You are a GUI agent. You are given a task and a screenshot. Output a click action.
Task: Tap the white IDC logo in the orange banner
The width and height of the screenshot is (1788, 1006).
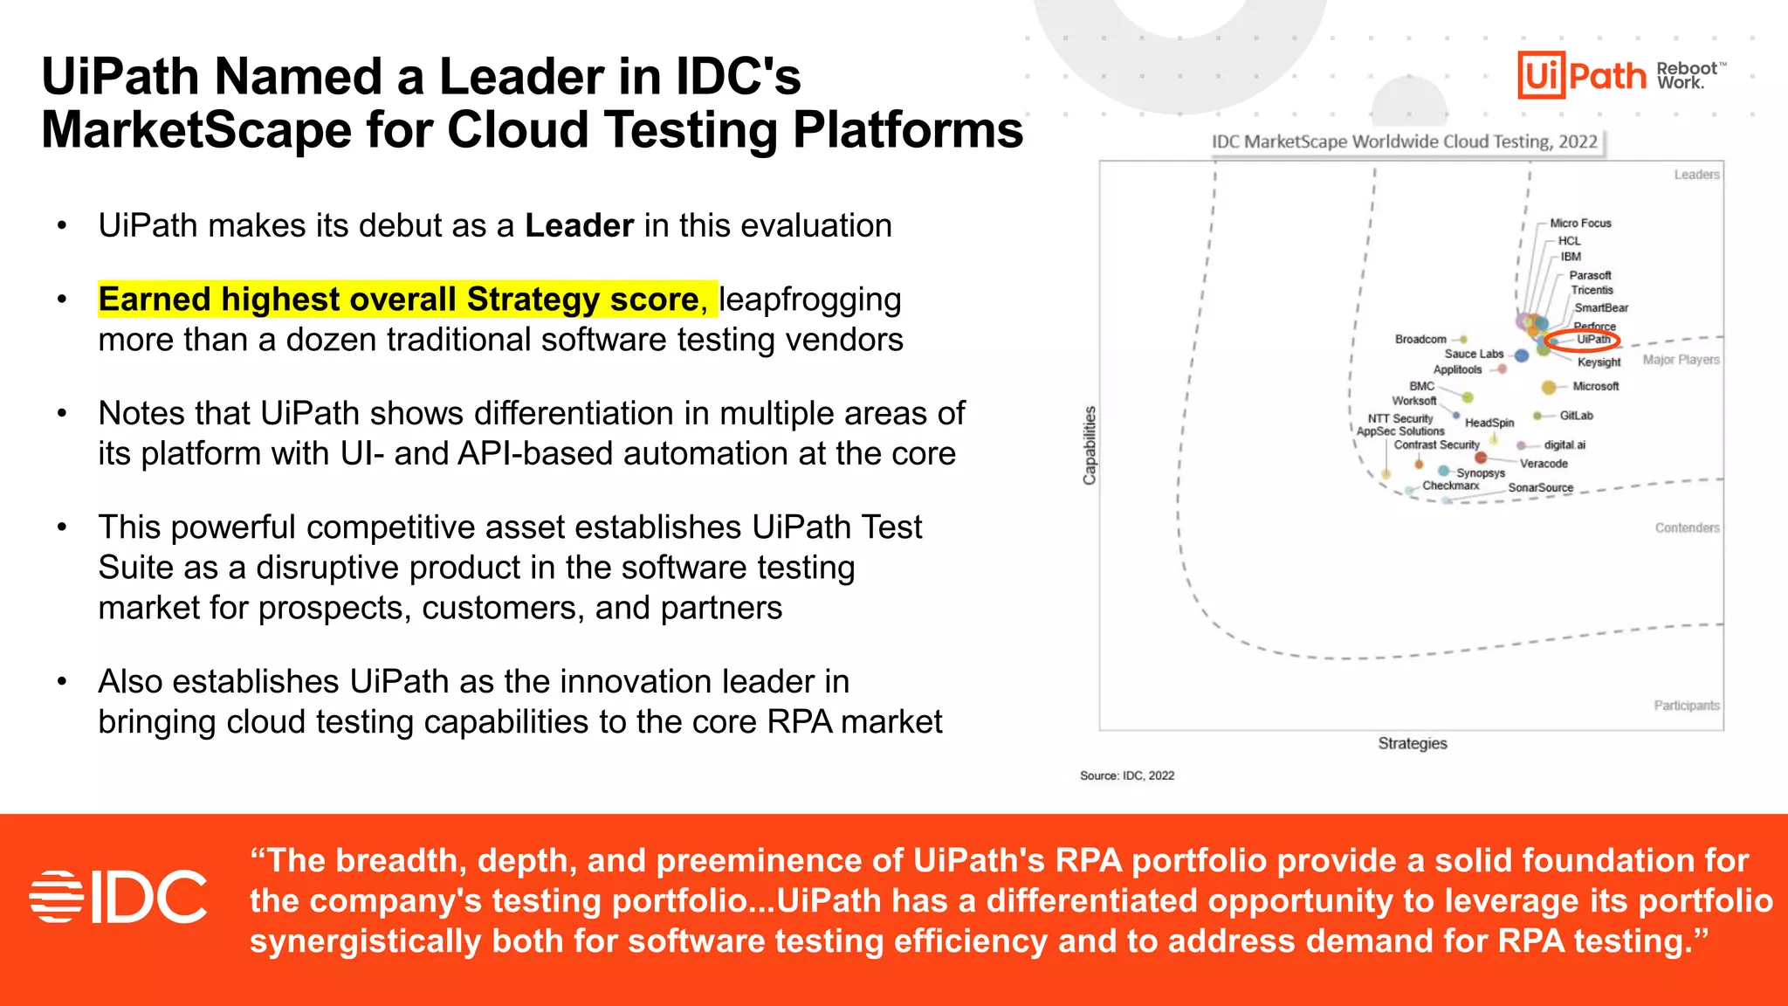point(119,897)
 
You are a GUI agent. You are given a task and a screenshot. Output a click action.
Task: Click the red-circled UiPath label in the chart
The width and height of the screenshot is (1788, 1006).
point(1592,340)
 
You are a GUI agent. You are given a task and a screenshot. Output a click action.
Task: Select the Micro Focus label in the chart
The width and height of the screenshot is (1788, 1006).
point(1580,224)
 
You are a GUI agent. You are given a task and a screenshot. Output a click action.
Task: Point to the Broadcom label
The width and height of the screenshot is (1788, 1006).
point(1420,339)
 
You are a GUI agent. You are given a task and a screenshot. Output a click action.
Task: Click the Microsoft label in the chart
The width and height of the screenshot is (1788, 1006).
point(1595,386)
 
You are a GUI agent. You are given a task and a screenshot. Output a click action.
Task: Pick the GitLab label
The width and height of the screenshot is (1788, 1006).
point(1576,416)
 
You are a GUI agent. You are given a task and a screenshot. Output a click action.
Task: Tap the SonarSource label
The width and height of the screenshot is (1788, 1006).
point(1540,488)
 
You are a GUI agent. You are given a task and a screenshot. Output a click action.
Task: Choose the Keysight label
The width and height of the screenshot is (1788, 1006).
point(1599,362)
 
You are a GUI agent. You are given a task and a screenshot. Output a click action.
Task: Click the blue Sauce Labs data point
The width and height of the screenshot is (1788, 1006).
point(1522,355)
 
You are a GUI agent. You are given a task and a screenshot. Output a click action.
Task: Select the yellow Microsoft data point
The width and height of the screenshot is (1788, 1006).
point(1549,387)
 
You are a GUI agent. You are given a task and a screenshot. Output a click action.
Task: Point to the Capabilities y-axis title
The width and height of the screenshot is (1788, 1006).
point(1089,445)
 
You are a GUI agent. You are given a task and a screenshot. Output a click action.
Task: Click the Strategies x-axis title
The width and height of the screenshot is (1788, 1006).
point(1412,743)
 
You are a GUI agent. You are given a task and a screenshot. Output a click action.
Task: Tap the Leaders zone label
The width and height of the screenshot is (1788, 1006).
point(1696,175)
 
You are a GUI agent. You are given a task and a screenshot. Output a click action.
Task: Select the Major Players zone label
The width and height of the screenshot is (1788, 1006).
point(1681,360)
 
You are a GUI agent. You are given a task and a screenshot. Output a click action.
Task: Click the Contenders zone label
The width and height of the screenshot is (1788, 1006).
point(1687,527)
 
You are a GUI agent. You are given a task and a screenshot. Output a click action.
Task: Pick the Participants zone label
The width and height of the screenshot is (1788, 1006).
point(1686,706)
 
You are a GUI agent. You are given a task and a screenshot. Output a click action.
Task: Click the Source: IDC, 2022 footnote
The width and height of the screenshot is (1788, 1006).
point(1126,775)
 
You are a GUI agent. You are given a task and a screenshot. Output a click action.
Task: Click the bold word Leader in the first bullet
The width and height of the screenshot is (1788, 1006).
point(579,225)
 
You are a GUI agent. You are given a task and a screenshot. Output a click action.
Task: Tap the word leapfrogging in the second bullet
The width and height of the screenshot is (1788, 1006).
point(810,300)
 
